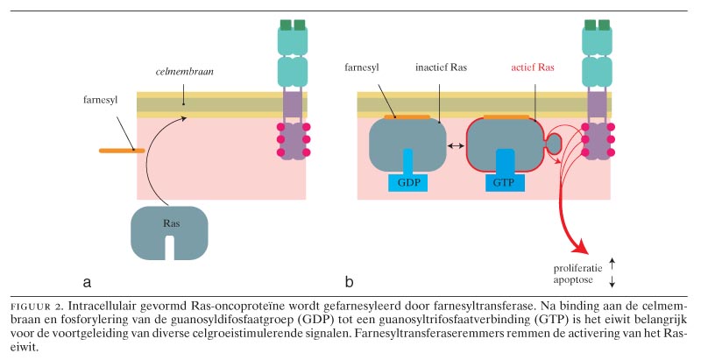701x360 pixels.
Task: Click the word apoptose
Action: click(x=574, y=280)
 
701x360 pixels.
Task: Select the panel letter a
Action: click(x=87, y=283)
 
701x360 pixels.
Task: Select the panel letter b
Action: click(x=349, y=282)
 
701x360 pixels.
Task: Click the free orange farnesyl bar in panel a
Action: click(x=122, y=152)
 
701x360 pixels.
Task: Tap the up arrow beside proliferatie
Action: click(x=612, y=262)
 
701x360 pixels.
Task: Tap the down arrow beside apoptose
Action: click(x=612, y=280)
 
